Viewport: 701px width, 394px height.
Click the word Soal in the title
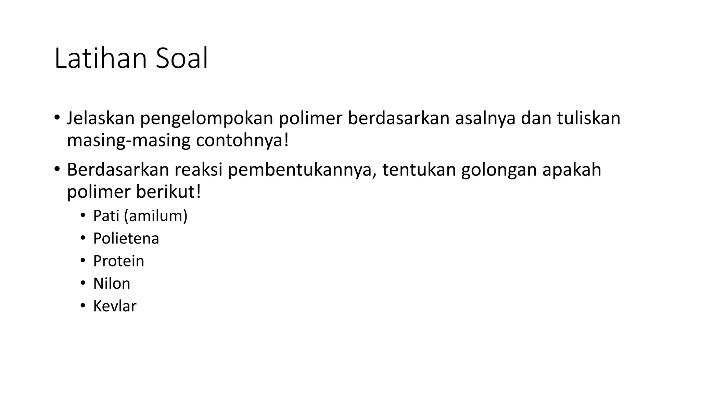pos(181,59)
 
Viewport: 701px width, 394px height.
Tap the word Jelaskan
pos(100,118)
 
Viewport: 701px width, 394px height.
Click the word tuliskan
pos(588,118)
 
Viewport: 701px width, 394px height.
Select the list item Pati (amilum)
pos(140,216)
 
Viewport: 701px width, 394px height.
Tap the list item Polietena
pos(126,238)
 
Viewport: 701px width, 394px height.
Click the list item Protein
pos(118,261)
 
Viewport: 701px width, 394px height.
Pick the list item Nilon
pos(112,284)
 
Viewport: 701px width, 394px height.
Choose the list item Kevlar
pos(115,306)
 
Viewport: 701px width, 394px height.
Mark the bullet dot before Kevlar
pos(82,306)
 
